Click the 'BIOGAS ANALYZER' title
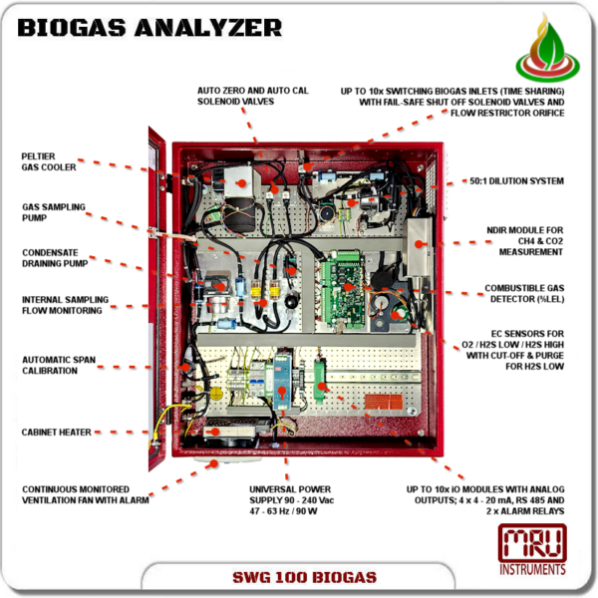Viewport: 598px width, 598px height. (149, 27)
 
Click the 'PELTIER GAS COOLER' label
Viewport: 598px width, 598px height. (49, 161)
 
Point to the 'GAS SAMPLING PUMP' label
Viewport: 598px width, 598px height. (53, 212)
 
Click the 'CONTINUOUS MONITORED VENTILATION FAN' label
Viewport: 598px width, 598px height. (86, 494)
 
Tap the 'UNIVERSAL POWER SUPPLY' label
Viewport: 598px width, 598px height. (290, 500)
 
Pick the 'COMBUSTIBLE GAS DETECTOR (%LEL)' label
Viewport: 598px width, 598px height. (524, 293)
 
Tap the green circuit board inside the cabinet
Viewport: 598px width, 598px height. (344, 289)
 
